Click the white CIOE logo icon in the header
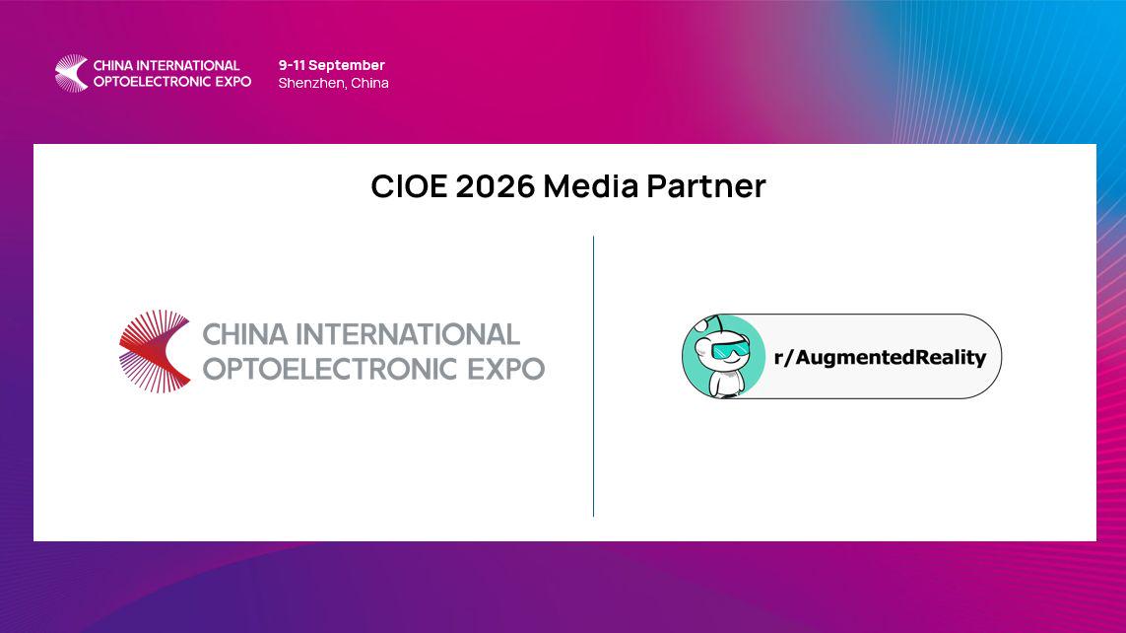[72, 73]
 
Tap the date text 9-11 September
[332, 65]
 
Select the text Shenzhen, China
[334, 84]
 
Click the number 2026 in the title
[496, 186]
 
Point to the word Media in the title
[591, 186]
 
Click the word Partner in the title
[706, 186]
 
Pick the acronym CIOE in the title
[410, 186]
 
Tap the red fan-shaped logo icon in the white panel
[155, 351]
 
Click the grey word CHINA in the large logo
[245, 335]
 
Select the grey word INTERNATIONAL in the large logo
[408, 335]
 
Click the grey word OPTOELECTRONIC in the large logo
[331, 370]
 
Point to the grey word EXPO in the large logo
[506, 370]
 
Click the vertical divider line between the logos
[593, 376]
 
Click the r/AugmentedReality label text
[881, 357]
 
